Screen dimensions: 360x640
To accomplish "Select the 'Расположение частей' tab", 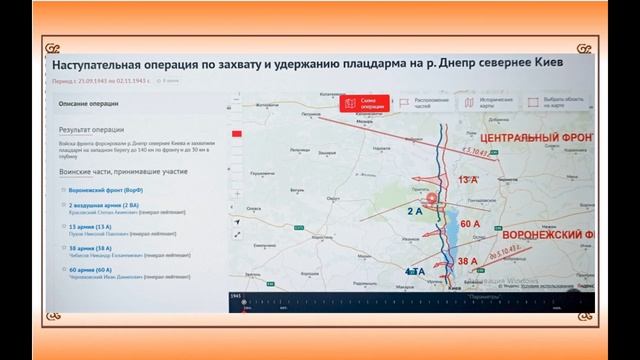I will coord(429,102).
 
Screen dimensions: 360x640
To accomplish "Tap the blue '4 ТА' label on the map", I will coord(415,271).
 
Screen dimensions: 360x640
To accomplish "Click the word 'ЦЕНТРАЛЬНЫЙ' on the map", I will coord(522,136).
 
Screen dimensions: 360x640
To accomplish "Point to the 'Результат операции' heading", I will coord(93,130).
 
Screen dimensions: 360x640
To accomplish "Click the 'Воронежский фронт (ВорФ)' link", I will coord(106,189).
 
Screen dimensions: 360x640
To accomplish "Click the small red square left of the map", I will coord(237,134).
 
